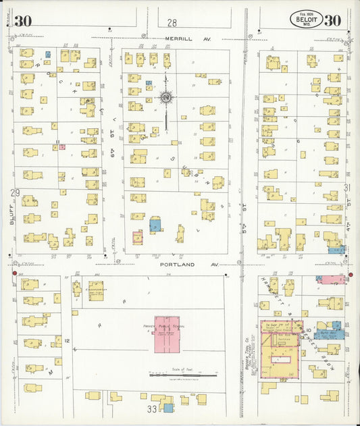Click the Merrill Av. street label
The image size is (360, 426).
[x=188, y=40]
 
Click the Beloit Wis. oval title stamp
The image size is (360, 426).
[x=307, y=20]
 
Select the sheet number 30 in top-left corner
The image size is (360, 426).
[x=22, y=20]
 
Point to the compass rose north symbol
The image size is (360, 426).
[x=165, y=99]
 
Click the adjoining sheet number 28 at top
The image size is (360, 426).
[x=172, y=22]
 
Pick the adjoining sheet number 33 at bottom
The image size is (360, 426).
[x=153, y=408]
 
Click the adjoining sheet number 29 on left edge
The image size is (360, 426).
[x=15, y=193]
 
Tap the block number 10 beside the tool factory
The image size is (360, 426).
[x=307, y=329]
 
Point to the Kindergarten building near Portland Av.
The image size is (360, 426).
[x=95, y=290]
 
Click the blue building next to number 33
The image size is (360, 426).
[x=168, y=408]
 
